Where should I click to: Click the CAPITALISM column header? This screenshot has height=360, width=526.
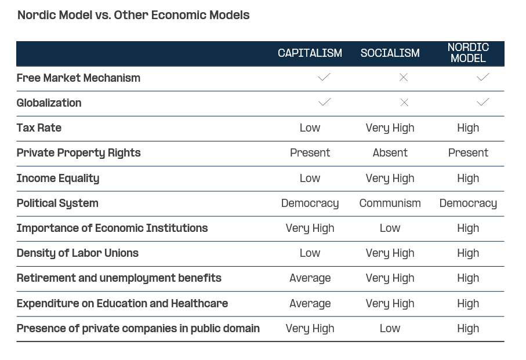coord(310,53)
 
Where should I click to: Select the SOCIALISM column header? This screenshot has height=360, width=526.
coord(390,53)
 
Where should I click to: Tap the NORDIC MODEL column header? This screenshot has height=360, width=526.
coord(468,53)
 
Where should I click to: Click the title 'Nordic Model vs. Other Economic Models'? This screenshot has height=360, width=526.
coord(133,15)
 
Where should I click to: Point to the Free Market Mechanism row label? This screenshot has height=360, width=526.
coord(78,78)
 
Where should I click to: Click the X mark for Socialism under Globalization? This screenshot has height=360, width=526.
coord(404,103)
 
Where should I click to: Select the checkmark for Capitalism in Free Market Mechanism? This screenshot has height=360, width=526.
coord(324,77)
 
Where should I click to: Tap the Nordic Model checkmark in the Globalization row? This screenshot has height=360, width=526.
coord(483,102)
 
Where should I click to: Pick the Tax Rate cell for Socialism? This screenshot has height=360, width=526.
coord(390,128)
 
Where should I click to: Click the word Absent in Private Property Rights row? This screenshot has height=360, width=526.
coord(390,153)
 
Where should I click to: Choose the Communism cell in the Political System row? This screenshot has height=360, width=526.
coord(390,203)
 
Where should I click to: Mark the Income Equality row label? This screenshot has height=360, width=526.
coord(58,179)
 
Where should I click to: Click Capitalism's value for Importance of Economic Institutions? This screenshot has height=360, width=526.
coord(310,228)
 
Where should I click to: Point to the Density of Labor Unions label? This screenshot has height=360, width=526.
coord(78,253)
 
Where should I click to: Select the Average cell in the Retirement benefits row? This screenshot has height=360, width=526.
coord(310,278)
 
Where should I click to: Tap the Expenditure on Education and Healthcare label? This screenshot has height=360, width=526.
coord(122,304)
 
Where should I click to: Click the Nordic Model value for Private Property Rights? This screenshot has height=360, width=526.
coord(468,153)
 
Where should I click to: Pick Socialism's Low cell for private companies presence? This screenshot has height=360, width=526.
coord(390,329)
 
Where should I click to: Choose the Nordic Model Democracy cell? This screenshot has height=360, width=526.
coord(468,203)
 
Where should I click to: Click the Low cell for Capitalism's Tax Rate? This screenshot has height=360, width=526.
coord(310,128)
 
